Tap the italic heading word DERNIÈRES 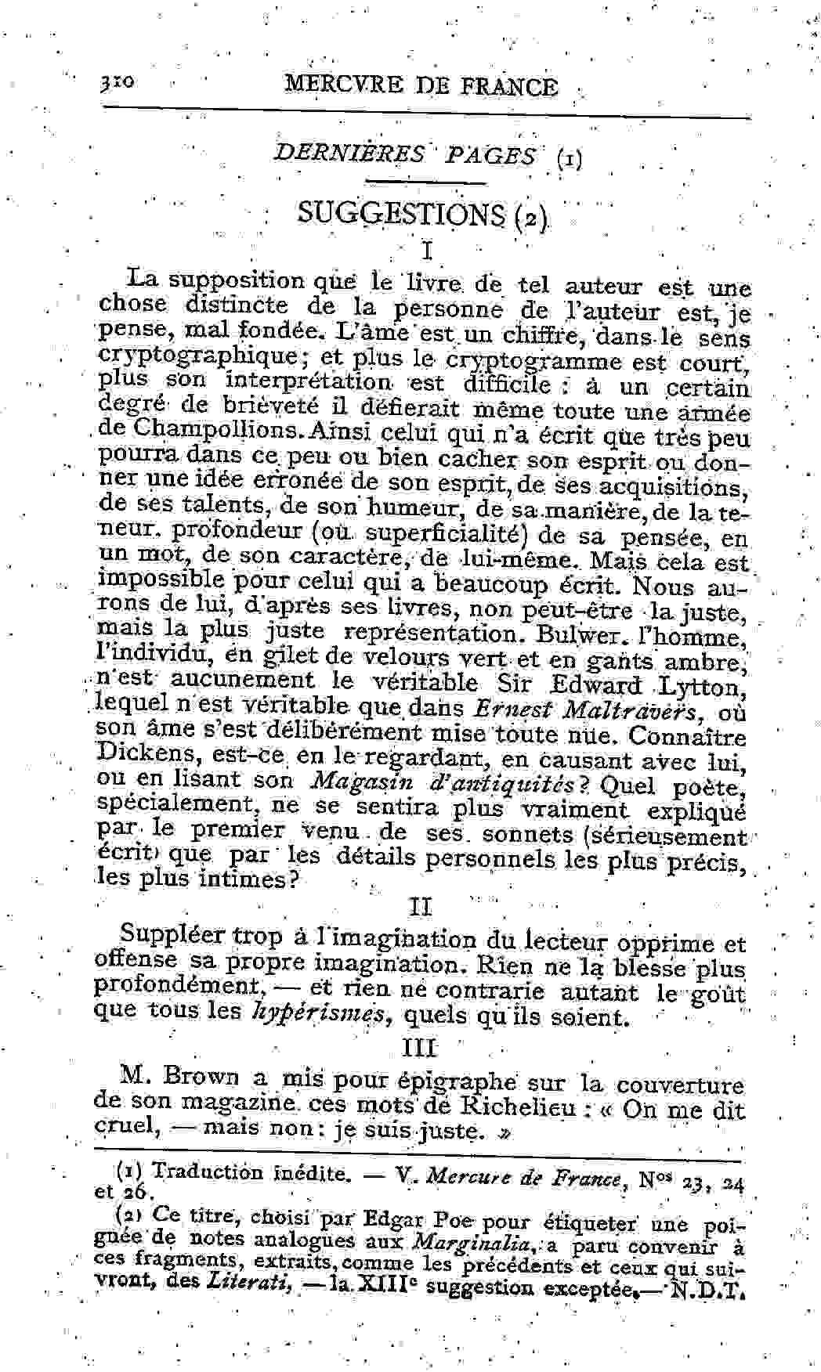pyautogui.click(x=349, y=153)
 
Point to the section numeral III pyautogui.click(x=420, y=1047)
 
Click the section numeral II pyautogui.click(x=421, y=907)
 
